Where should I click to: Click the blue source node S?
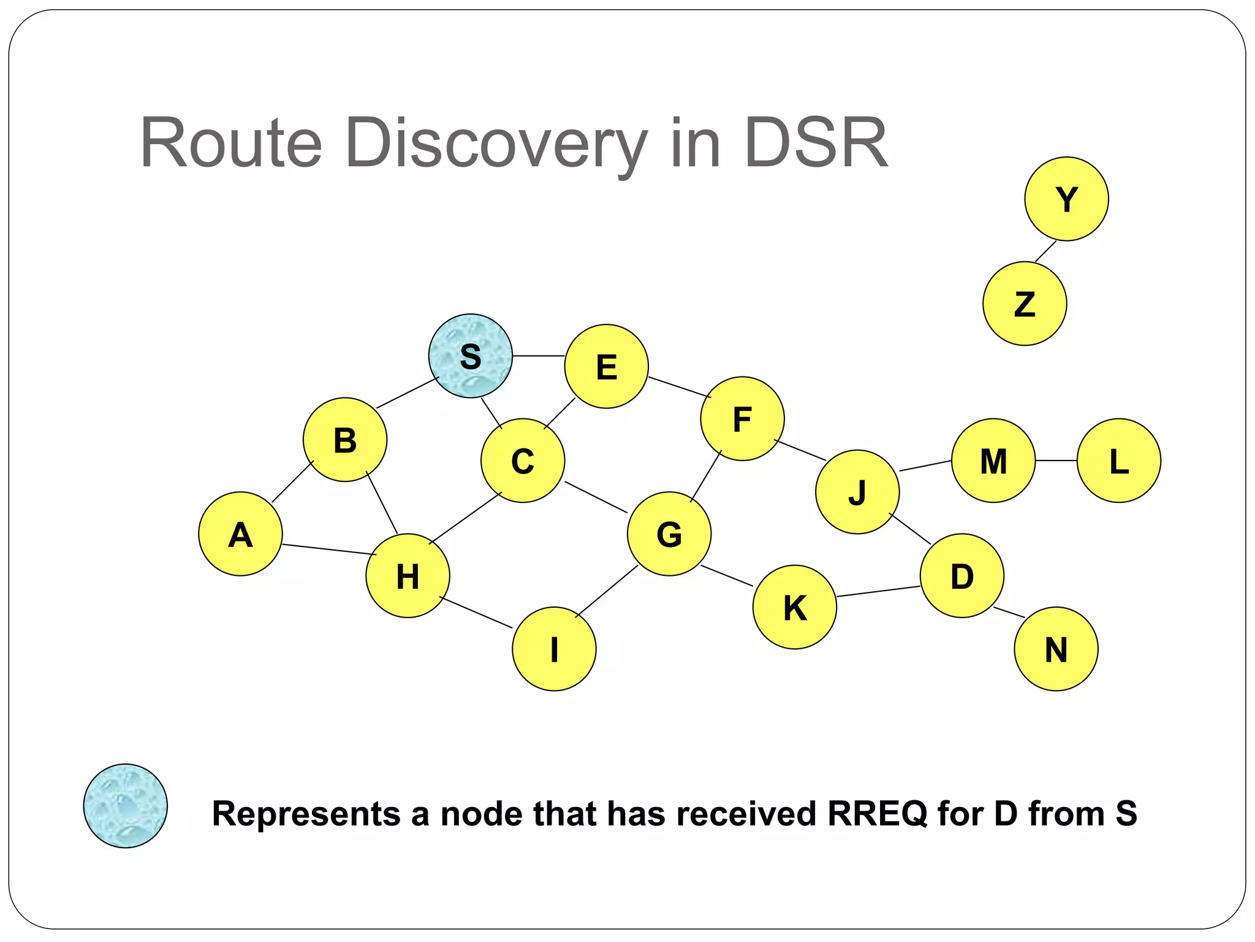pos(470,356)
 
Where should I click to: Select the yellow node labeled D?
pos(961,575)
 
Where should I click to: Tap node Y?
pos(1066,199)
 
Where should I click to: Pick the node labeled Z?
pos(1025,304)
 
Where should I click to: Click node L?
pos(1118,461)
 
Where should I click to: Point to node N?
pos(1056,649)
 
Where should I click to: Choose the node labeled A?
pos(240,534)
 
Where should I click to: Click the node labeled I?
pos(554,649)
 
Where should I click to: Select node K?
pos(794,607)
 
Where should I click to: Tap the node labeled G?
pos(669,534)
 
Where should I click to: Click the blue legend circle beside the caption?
pos(125,806)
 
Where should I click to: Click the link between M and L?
pos(1056,461)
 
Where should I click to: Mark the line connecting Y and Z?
pos(1045,251)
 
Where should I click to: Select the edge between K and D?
pos(878,591)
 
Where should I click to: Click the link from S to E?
pos(538,356)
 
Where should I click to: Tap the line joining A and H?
pos(329,549)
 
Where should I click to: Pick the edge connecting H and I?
pos(476,612)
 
